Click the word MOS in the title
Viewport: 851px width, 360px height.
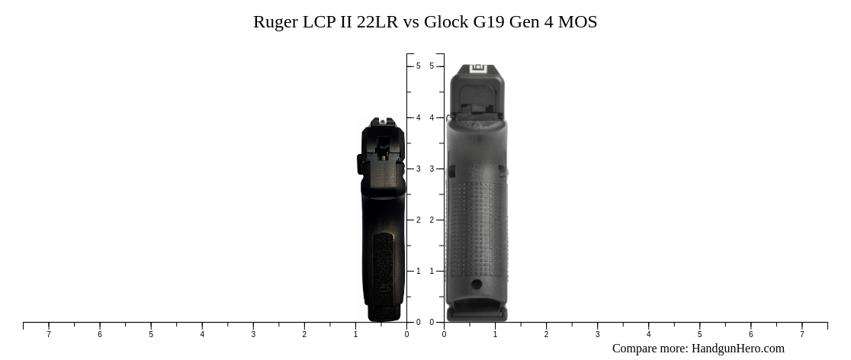(x=577, y=22)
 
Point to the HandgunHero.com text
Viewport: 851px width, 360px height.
(x=737, y=349)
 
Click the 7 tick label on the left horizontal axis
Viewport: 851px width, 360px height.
(x=49, y=334)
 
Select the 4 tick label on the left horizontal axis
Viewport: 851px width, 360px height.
(x=202, y=334)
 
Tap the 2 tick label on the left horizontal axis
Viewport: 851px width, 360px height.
(x=304, y=334)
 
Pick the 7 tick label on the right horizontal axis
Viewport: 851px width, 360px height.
(x=801, y=334)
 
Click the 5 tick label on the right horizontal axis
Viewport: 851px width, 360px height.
(x=699, y=334)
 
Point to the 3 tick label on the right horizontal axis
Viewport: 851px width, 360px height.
(x=597, y=334)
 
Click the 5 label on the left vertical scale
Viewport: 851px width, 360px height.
(x=418, y=66)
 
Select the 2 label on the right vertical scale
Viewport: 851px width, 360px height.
(x=432, y=220)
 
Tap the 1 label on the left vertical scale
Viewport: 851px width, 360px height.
(x=418, y=271)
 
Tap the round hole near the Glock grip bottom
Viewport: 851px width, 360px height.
(x=477, y=284)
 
